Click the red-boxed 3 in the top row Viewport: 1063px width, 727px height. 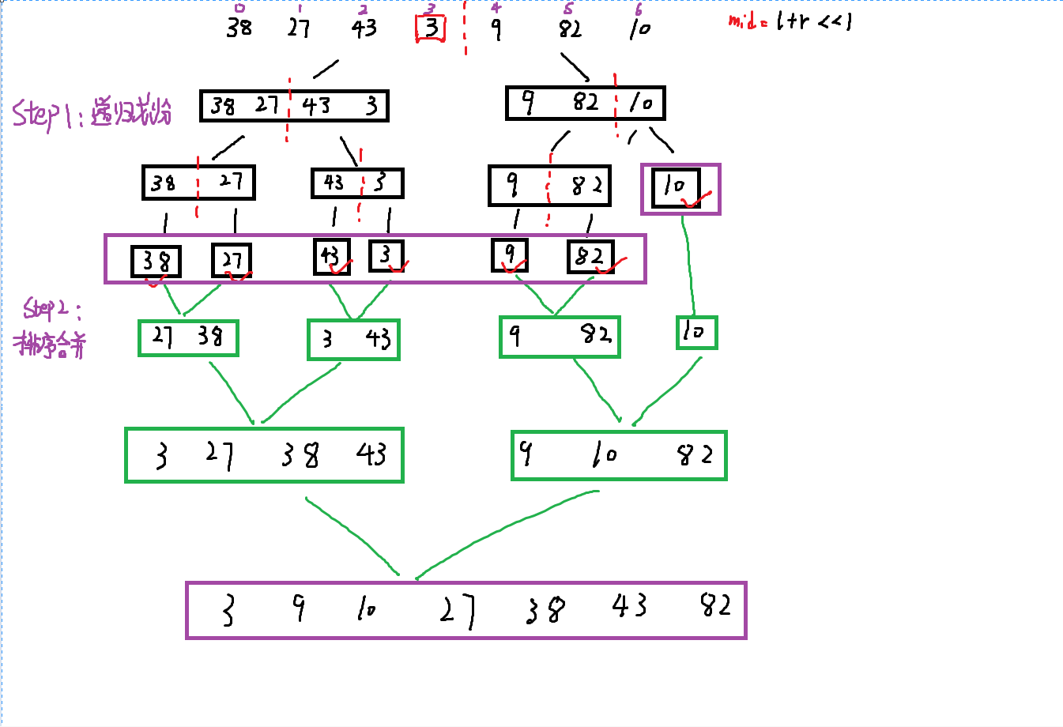point(431,29)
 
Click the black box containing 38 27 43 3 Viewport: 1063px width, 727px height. point(294,106)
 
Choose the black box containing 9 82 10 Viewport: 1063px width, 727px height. point(585,103)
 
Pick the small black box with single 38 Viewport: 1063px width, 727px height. point(156,262)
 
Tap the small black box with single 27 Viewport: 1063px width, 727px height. point(232,260)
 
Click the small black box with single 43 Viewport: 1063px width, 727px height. point(331,257)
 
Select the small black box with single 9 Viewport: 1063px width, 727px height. point(510,254)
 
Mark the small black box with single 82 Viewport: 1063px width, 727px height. point(590,257)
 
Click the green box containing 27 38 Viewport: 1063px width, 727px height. point(188,337)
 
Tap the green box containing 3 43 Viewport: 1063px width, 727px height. point(353,340)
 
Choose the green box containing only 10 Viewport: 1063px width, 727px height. point(696,332)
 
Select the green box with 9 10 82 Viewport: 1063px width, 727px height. point(619,455)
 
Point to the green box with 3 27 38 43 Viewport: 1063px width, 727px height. point(264,455)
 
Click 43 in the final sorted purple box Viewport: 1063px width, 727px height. point(629,606)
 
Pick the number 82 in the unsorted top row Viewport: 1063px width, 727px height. point(570,30)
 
